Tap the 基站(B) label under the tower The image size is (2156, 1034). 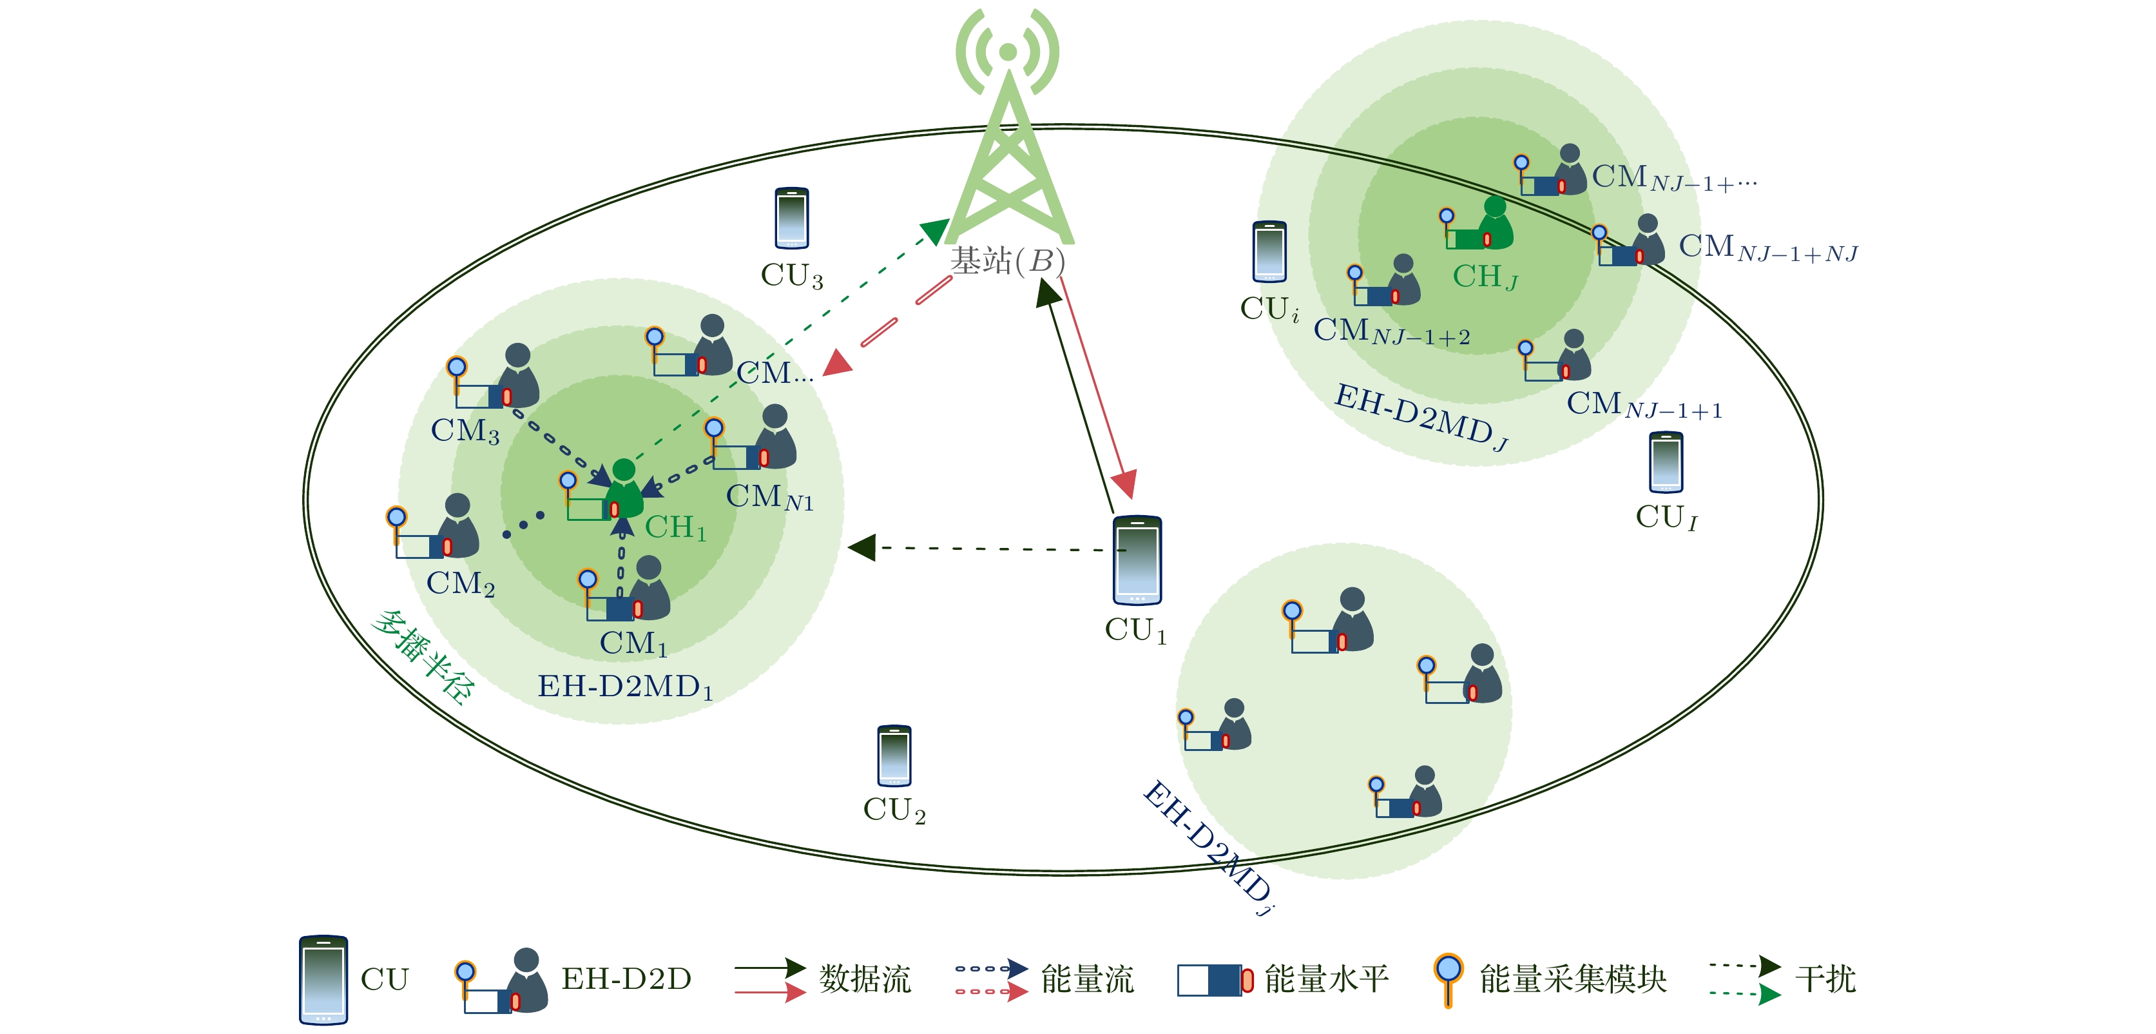(1008, 261)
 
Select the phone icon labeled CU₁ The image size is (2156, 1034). (1137, 560)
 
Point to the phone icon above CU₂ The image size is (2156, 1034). (894, 756)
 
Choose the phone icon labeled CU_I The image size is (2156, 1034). (1666, 462)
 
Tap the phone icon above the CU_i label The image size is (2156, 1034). (1269, 252)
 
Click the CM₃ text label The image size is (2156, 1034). (465, 431)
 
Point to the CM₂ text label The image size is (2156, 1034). (460, 583)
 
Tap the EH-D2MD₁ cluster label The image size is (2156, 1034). (624, 687)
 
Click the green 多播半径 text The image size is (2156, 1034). (423, 658)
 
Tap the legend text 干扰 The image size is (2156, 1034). (1825, 979)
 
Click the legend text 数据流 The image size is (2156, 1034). (863, 979)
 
